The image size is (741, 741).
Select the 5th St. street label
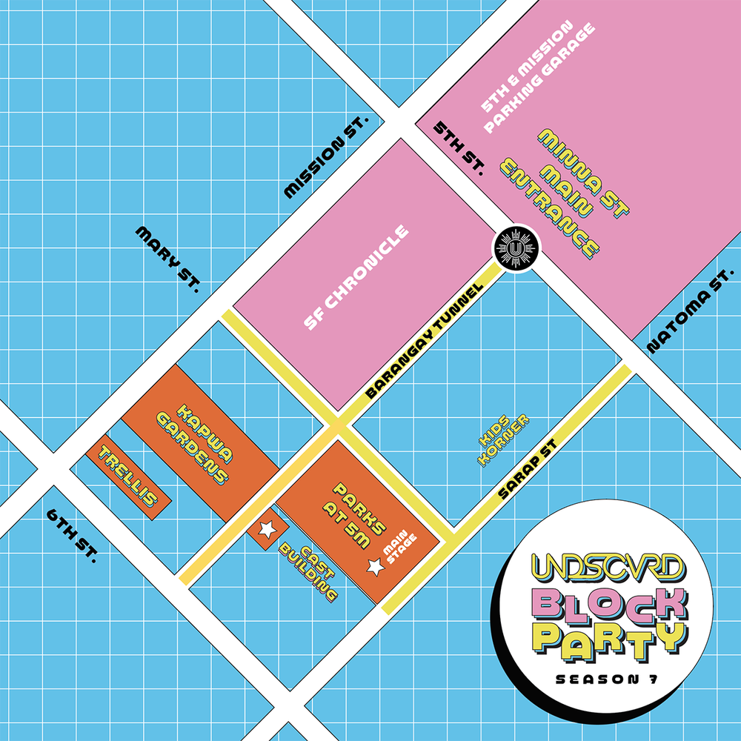[457, 148]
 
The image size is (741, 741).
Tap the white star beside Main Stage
[377, 567]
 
